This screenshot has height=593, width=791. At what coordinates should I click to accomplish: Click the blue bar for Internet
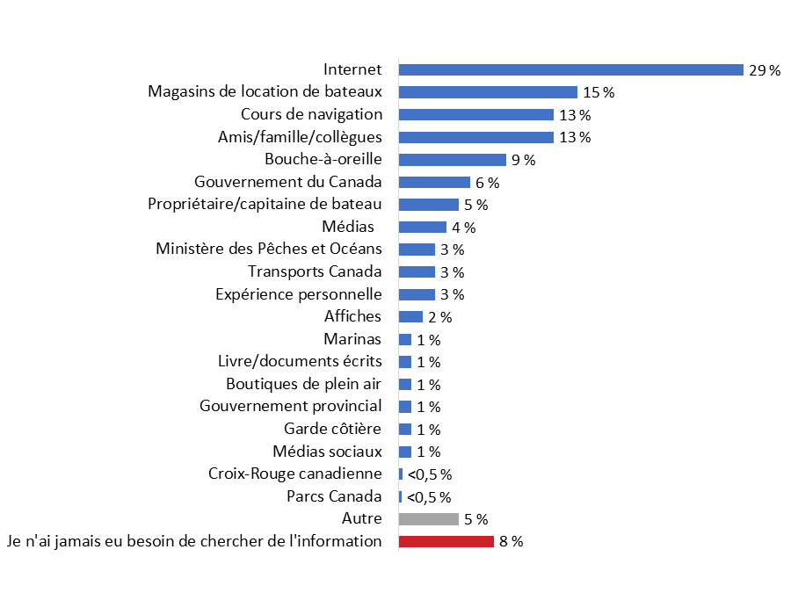[571, 70]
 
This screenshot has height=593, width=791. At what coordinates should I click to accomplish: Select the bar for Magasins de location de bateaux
[488, 92]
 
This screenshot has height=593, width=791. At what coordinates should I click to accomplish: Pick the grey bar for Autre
[429, 519]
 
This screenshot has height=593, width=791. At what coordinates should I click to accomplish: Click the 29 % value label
[764, 70]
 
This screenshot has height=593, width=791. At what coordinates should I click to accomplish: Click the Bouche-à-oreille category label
[323, 160]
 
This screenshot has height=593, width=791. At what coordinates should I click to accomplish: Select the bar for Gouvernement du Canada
[434, 182]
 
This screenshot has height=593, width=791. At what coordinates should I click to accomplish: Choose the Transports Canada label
[315, 271]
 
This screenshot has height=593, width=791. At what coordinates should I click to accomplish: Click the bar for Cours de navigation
[476, 115]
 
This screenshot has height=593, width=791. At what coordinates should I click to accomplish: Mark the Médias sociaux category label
[328, 452]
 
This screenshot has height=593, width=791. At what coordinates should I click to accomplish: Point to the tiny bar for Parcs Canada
[400, 496]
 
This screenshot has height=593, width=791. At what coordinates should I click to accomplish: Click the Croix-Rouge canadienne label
[295, 474]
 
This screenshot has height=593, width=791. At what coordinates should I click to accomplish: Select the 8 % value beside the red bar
[512, 541]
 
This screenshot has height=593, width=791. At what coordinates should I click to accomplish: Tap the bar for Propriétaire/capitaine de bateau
[429, 205]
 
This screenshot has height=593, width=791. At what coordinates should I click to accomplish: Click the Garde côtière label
[333, 429]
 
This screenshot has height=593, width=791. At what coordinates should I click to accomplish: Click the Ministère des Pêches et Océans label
[269, 249]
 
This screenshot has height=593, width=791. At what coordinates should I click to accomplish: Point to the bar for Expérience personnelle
[417, 294]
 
